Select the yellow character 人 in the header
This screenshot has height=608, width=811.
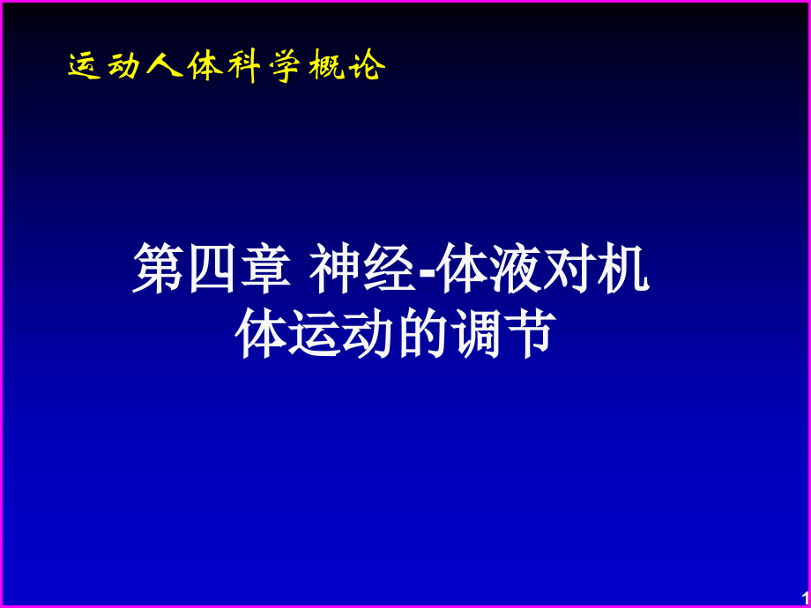pyautogui.click(x=164, y=66)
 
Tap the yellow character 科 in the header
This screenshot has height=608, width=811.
pyautogui.click(x=242, y=66)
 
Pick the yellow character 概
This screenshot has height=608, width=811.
pyautogui.click(x=325, y=66)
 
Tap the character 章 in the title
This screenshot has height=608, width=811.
pyautogui.click(x=264, y=271)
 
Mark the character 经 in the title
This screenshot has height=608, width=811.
pyautogui.click(x=389, y=271)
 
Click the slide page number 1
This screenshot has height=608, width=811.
pyautogui.click(x=803, y=598)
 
